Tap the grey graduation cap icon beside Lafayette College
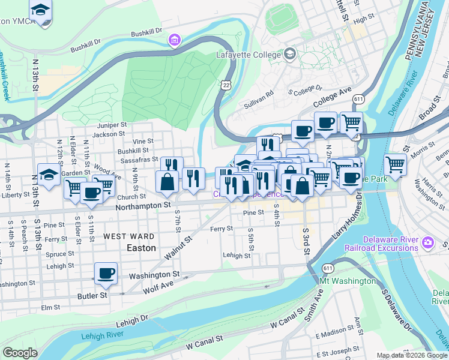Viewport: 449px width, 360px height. [x=291, y=54]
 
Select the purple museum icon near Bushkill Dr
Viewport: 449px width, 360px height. [x=174, y=40]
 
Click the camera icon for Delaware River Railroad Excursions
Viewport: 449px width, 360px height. [x=428, y=243]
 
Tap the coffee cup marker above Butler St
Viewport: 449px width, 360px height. [x=106, y=273]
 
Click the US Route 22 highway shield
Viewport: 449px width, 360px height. [x=226, y=86]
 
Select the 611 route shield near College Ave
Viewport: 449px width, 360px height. [x=359, y=98]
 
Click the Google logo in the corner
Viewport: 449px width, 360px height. [x=20, y=353]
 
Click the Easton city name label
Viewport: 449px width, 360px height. [x=141, y=247]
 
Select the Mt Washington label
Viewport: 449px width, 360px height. [x=348, y=281]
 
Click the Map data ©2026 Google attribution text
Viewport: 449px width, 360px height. [x=411, y=355]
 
